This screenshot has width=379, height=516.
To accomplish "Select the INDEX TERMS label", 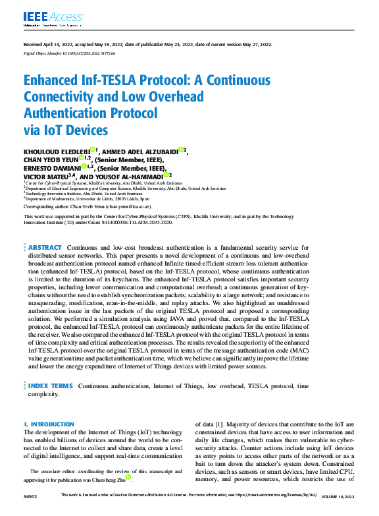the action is [51, 386].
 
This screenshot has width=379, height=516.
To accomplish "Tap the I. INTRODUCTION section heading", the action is [49, 424].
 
